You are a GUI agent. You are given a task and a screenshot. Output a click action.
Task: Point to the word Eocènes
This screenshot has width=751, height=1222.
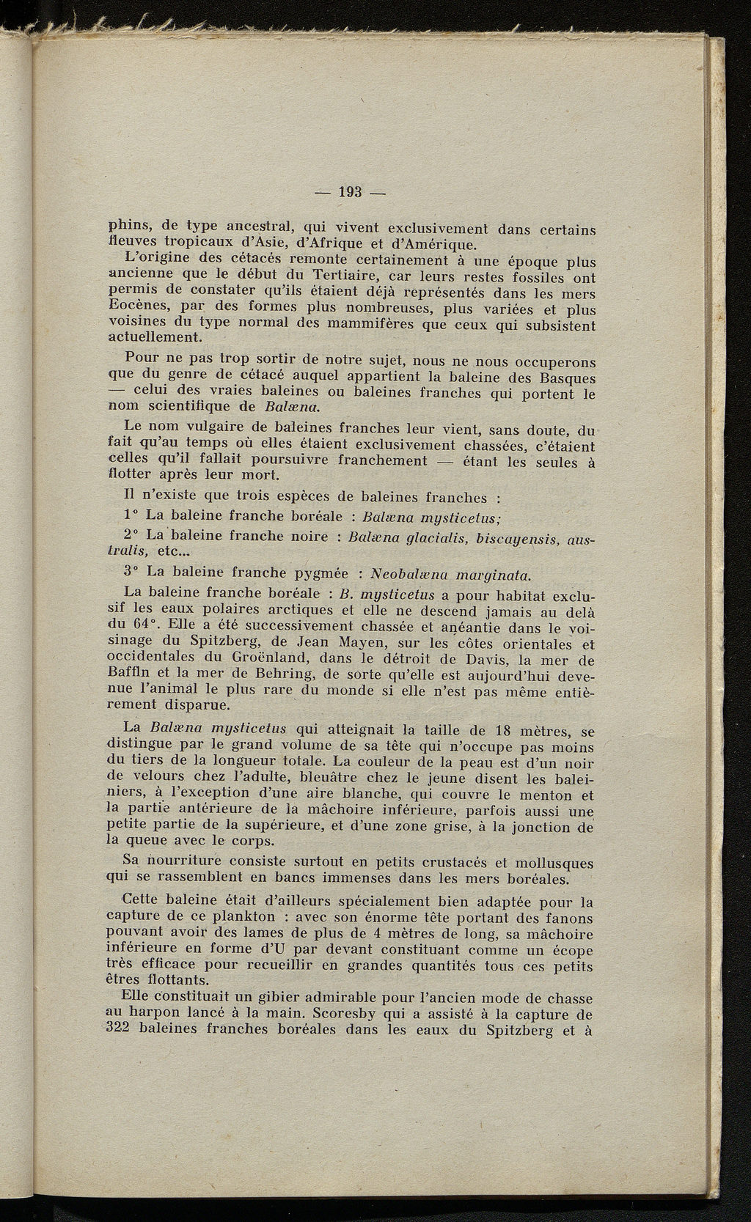(135, 307)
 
